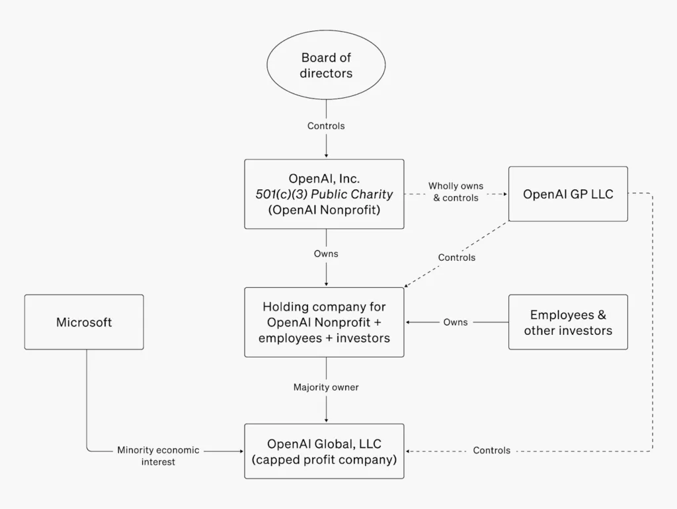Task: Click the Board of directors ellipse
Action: pos(326,65)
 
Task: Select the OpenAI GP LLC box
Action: pos(568,194)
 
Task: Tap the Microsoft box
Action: pos(84,322)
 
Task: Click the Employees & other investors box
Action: pos(568,322)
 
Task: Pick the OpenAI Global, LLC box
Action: pos(324,451)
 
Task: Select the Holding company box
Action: pos(324,322)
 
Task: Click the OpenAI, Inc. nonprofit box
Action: pos(324,194)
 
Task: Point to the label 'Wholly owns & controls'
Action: pos(456,192)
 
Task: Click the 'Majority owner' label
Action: pos(326,387)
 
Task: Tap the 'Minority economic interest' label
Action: pos(158,455)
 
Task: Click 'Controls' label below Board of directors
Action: pos(326,126)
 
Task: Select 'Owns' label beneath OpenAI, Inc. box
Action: pos(326,254)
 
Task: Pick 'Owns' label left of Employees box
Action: pos(456,322)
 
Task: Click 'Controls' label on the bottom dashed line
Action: pos(492,451)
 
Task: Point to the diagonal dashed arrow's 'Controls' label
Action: pos(456,257)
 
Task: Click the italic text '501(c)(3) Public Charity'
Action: pos(324,195)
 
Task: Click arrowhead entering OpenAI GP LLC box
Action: pos(506,194)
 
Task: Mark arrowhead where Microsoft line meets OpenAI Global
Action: pos(241,451)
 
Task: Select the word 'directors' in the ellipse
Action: pos(326,73)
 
